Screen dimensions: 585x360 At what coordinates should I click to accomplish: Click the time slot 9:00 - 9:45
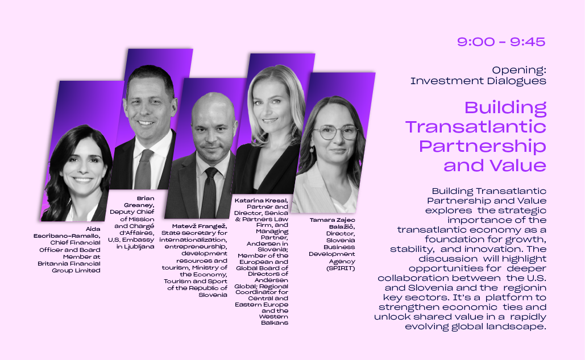[x=501, y=42]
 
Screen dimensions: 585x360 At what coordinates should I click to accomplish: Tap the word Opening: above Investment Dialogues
[x=519, y=70]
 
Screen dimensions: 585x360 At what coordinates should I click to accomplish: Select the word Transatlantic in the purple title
[x=476, y=127]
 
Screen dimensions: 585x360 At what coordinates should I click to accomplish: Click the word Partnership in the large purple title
[x=483, y=146]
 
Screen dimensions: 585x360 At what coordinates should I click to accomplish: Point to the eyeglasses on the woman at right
[x=335, y=133]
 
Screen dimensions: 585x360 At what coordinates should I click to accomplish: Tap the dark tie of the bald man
[x=209, y=193]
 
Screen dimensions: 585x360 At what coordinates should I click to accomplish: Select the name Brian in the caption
[x=146, y=198]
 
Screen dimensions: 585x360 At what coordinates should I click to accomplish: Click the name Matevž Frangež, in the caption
[x=200, y=226]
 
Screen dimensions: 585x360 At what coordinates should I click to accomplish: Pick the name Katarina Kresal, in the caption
[x=261, y=201]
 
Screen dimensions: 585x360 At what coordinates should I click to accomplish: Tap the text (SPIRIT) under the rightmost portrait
[x=341, y=268]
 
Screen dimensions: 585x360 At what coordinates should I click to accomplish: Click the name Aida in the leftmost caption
[x=93, y=229]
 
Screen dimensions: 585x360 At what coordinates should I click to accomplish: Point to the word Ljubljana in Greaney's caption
[x=139, y=247]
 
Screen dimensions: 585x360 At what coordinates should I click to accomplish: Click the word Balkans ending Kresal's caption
[x=275, y=322]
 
